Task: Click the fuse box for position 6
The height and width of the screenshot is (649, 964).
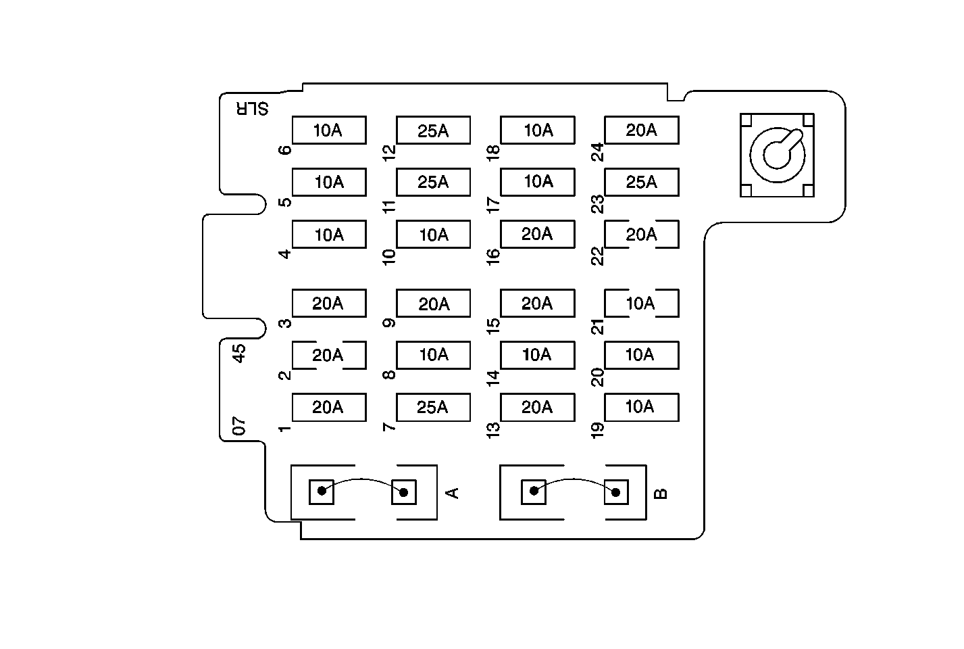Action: pyautogui.click(x=329, y=130)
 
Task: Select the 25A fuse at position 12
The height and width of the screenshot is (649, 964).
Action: pyautogui.click(x=433, y=130)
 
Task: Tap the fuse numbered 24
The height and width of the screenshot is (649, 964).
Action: pyautogui.click(x=641, y=130)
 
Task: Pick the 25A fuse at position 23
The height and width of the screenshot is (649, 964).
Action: pyautogui.click(x=641, y=182)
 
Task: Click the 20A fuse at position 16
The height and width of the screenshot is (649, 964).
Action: pyautogui.click(x=537, y=234)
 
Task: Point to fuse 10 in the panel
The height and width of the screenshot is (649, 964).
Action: pyautogui.click(x=433, y=235)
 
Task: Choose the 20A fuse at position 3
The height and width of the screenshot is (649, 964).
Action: pyautogui.click(x=329, y=304)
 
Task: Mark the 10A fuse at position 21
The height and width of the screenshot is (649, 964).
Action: pyautogui.click(x=641, y=304)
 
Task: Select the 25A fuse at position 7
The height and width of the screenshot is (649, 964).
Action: pyautogui.click(x=433, y=407)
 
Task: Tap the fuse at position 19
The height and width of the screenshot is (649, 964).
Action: pyautogui.click(x=641, y=407)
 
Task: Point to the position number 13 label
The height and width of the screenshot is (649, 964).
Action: pyautogui.click(x=493, y=428)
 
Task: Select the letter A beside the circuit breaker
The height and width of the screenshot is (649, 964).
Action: pyautogui.click(x=453, y=492)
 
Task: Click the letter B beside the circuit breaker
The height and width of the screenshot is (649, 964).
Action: pyautogui.click(x=661, y=493)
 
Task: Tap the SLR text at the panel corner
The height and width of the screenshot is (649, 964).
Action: pyautogui.click(x=252, y=108)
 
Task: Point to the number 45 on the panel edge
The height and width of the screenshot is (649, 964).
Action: pyautogui.click(x=238, y=353)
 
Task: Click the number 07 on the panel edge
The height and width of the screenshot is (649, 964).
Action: pyautogui.click(x=238, y=426)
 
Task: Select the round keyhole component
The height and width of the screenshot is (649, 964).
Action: pyautogui.click(x=777, y=155)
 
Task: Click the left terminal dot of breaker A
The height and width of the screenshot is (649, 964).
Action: pyautogui.click(x=322, y=491)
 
